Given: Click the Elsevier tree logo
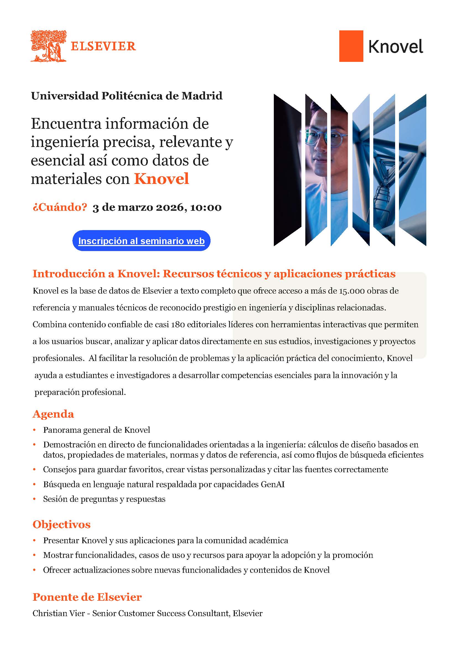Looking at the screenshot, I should [x=48, y=46].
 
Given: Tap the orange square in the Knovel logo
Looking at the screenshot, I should [x=351, y=46].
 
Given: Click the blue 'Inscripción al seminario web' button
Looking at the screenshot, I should [x=141, y=241].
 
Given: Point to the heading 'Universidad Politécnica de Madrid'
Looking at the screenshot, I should [x=127, y=96].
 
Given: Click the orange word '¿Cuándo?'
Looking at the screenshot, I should [x=60, y=207].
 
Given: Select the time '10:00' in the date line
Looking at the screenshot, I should [x=206, y=208].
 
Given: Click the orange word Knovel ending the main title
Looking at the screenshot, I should [x=161, y=179].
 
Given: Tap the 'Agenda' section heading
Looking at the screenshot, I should [x=53, y=414].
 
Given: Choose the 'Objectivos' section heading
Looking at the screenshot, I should [x=61, y=524].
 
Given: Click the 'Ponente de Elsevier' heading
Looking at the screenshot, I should [x=87, y=597].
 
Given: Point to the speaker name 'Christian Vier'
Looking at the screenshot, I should [x=59, y=613].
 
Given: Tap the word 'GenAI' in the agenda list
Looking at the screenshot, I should [x=272, y=484].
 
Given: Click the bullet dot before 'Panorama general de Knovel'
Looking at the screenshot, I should [x=35, y=430].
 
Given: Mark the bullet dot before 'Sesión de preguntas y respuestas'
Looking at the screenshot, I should [x=35, y=499].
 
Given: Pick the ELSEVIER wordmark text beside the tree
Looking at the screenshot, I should [x=103, y=46].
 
